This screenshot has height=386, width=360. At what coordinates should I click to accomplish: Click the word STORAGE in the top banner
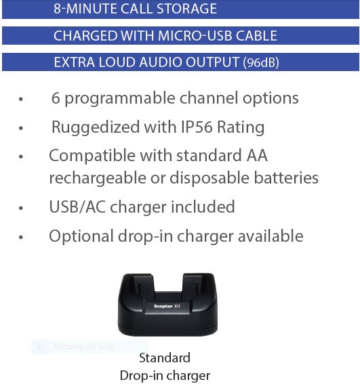186,8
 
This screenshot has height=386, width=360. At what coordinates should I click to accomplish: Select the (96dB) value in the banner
261,62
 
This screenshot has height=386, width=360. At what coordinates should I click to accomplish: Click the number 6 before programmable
56,98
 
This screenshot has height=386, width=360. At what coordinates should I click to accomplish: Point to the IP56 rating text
197,127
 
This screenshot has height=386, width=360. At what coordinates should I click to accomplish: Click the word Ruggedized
96,128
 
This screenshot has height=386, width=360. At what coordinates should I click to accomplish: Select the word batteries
286,177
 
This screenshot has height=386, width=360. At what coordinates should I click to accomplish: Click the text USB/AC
77,207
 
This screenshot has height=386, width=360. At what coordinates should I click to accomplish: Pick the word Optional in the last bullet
81,236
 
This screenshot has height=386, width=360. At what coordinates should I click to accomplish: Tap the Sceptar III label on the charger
167,306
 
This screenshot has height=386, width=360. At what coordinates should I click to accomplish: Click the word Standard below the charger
165,358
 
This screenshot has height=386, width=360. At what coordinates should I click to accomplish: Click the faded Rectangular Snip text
83,347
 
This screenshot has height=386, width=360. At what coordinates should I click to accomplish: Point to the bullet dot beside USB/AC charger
21,208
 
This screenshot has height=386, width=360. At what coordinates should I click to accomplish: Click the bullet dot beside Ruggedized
21,128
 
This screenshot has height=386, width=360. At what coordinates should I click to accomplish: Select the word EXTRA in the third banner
75,62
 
